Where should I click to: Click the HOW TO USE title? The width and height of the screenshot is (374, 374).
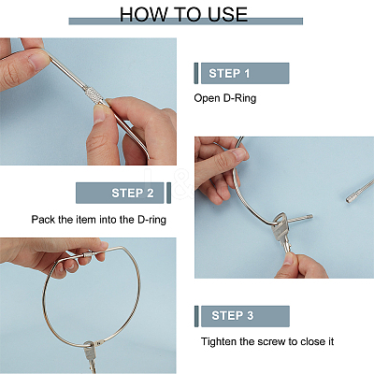pos(184,14)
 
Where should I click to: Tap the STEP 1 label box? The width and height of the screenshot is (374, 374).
pos(245,73)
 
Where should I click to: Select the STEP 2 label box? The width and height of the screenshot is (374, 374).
pos(120,193)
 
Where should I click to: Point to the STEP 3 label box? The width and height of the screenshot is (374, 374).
pos(245,316)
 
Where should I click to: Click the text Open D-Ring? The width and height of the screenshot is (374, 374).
pos(225,98)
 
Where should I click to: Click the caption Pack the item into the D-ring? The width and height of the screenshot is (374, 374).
pos(98,220)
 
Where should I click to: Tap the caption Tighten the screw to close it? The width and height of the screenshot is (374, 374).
pos(267,341)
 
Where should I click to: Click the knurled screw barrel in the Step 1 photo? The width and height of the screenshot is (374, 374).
pos(95,95)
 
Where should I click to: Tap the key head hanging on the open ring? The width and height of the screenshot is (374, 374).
pos(280,224)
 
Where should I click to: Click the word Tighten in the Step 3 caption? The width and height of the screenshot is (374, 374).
pos(219,341)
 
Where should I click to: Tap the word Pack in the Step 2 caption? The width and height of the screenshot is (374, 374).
pos(43,220)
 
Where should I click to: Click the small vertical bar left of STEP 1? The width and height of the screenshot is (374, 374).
pos(196,73)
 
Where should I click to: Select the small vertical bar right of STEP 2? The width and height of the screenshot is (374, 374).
pos(169,193)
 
